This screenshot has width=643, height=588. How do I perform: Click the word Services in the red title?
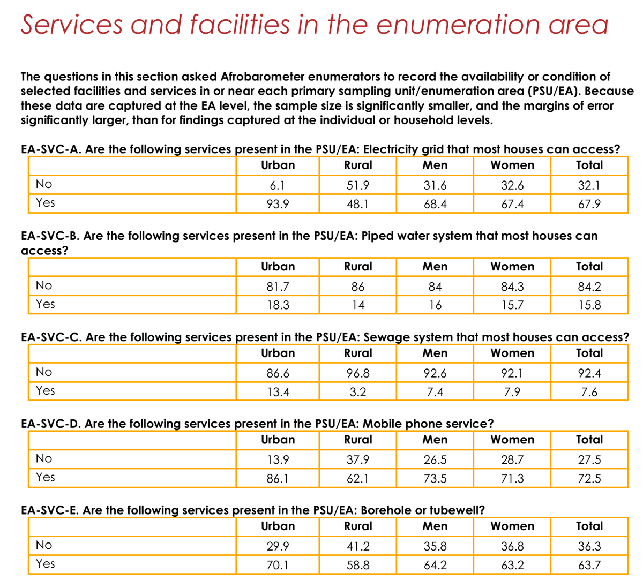click(72, 25)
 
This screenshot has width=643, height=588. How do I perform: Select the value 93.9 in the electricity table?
click(278, 204)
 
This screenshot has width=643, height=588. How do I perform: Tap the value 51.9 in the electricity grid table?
click(358, 185)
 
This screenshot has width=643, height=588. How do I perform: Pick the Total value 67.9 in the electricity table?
click(589, 204)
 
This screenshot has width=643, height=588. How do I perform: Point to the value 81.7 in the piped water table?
click(278, 287)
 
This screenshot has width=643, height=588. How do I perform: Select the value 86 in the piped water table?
click(358, 287)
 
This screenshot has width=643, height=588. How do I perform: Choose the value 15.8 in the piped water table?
click(589, 305)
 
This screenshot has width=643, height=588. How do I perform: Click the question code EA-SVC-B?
click(50, 236)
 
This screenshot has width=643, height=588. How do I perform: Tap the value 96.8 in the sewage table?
click(358, 373)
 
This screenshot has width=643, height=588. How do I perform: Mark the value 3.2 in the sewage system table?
click(358, 392)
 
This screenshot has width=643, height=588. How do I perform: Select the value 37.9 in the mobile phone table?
click(358, 460)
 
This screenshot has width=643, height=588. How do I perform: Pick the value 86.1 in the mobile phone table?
click(278, 478)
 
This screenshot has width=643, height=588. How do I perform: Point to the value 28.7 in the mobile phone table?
click(512, 460)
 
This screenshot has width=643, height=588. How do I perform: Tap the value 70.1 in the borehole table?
click(278, 565)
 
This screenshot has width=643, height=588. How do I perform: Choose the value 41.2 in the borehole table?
click(358, 546)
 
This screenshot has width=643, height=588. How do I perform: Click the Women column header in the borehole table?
click(512, 526)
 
